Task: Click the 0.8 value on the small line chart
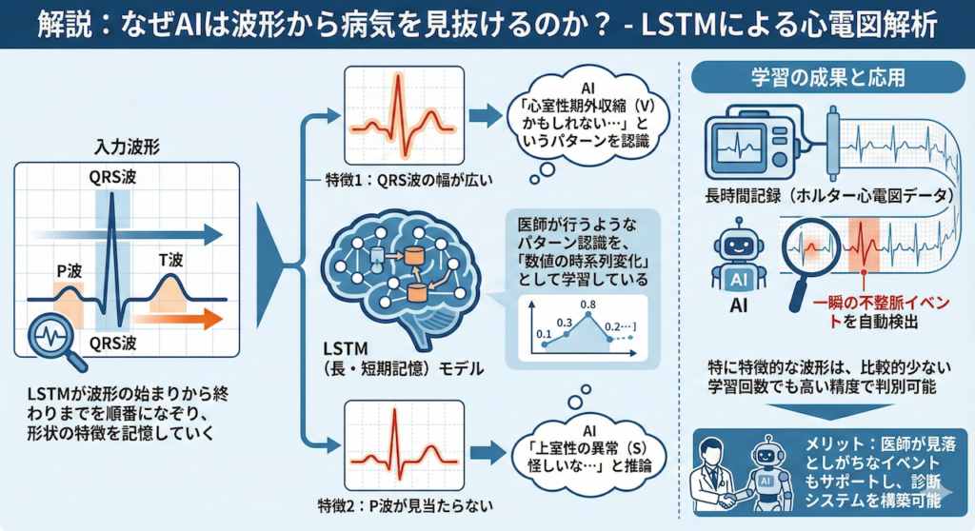pyautogui.click(x=587, y=305)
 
